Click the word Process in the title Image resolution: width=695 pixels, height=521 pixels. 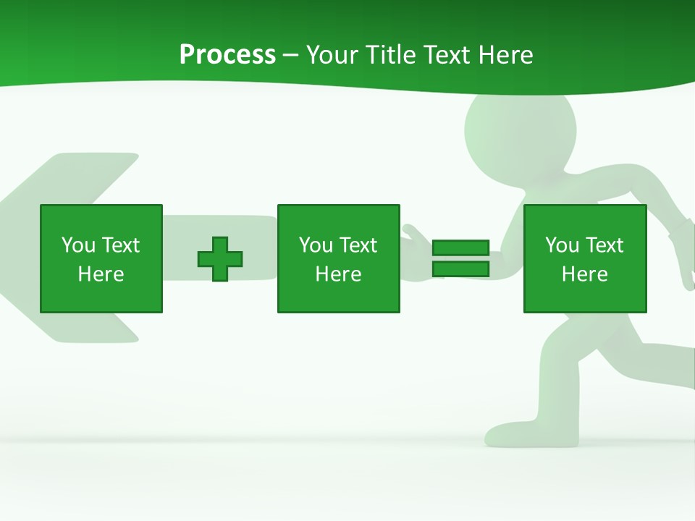(x=227, y=55)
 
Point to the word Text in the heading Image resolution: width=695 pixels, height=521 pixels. (x=450, y=55)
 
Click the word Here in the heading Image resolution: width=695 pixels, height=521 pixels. (x=506, y=55)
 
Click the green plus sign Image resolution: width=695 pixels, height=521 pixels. (x=220, y=258)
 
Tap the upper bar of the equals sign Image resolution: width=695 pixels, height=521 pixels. (x=460, y=247)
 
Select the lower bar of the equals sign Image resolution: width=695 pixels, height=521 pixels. (x=460, y=269)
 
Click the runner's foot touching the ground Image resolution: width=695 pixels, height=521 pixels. (x=507, y=433)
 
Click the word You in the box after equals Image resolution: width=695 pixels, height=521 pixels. (x=562, y=245)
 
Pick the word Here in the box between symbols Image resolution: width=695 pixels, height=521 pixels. (x=338, y=274)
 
